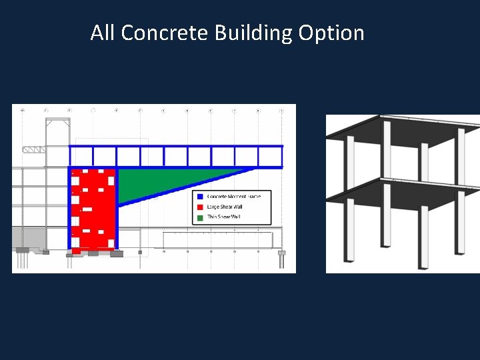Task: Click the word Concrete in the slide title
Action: [164, 33]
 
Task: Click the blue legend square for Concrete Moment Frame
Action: [199, 197]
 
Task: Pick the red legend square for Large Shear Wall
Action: [199, 207]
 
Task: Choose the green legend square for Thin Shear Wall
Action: [199, 217]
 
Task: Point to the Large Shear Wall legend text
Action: [225, 207]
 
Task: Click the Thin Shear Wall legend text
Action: [223, 217]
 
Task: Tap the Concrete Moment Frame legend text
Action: [234, 197]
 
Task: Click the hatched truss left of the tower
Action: [33, 150]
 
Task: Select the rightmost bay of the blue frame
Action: [270, 157]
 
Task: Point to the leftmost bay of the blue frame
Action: [81, 157]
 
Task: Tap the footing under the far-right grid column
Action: [281, 253]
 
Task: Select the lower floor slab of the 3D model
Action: [400, 193]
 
